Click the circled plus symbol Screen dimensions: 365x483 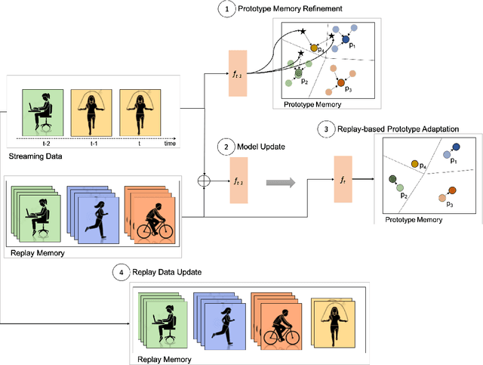[202, 181]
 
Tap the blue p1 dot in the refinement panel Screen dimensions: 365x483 [346, 38]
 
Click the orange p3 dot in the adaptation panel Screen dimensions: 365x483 [451, 191]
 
